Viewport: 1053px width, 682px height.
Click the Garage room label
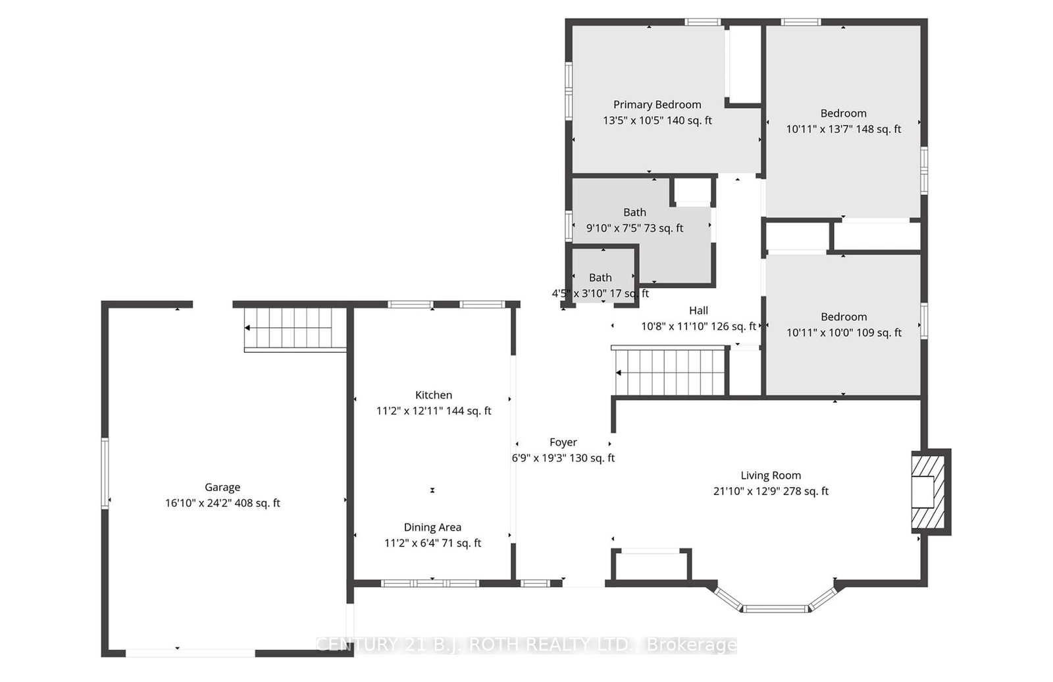[x=222, y=487]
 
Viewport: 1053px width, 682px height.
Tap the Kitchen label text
[x=434, y=395]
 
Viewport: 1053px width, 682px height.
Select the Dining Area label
[x=432, y=527]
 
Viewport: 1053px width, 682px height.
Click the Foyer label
[x=563, y=442]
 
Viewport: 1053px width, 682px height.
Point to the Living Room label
[x=771, y=475]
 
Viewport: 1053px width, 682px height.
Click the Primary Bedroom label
[x=657, y=105]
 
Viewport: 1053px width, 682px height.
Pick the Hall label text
[x=698, y=311]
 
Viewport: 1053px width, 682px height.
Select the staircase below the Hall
[x=670, y=371]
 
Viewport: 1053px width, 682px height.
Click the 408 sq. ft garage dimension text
[x=222, y=503]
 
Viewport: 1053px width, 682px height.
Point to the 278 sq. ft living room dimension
[x=771, y=491]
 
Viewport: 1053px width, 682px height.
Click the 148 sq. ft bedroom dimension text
[x=844, y=129]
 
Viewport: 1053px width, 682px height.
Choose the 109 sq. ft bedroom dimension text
[x=844, y=332]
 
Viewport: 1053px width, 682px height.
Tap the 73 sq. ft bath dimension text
[x=634, y=228]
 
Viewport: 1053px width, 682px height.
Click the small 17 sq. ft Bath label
[x=600, y=278]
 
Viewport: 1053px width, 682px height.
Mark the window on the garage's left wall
[x=105, y=473]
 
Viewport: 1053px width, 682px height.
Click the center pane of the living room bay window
[x=776, y=609]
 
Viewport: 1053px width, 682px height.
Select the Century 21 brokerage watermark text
[x=526, y=645]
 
